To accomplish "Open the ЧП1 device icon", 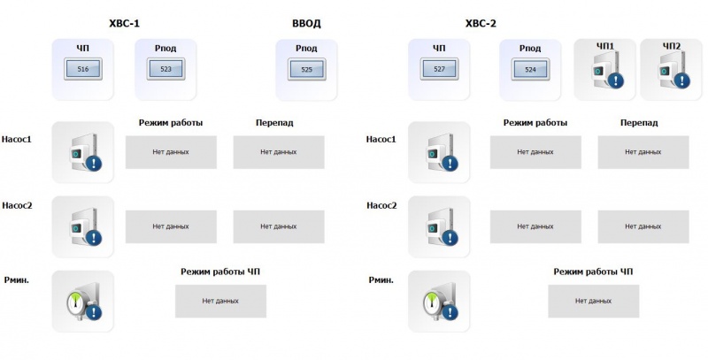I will [605, 69].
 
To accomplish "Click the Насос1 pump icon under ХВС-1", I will [83, 151].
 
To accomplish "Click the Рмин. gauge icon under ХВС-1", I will [83, 301].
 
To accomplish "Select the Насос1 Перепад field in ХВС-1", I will [278, 152].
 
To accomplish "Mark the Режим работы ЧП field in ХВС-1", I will [220, 301].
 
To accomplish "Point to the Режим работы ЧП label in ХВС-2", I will [593, 272].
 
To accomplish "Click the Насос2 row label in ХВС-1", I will [18, 206].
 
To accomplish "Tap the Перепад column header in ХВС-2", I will [639, 122].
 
